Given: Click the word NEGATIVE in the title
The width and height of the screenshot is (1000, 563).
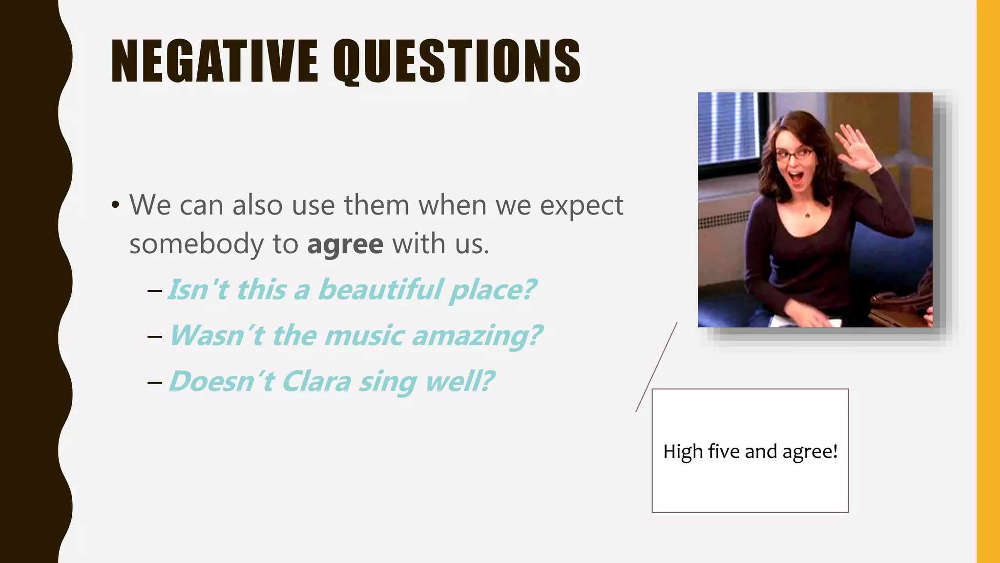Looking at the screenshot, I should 215,61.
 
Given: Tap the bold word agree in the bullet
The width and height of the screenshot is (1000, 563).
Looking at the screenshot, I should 345,244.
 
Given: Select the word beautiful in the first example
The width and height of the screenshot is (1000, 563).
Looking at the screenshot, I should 380,289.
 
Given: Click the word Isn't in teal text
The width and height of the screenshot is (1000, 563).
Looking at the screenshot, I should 198,289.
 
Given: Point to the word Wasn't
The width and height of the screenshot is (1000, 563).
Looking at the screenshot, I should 217,335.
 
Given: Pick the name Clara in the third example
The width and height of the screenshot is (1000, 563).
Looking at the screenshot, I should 316,381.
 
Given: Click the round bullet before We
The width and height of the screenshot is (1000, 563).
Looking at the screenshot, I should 115,205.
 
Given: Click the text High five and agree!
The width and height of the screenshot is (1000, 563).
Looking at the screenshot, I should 750,451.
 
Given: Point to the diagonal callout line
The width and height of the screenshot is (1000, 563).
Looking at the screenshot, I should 656,367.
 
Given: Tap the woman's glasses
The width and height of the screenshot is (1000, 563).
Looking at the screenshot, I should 794,155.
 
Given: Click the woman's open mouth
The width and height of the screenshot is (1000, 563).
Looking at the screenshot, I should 797,177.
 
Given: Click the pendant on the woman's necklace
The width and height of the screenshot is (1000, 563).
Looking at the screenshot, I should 807,215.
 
